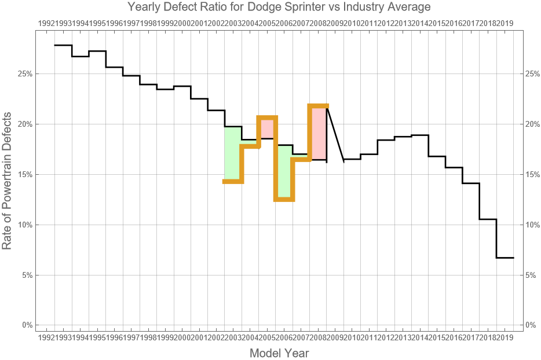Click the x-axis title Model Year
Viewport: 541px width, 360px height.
pos(279,352)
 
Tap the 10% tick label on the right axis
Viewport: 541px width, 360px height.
pos(533,225)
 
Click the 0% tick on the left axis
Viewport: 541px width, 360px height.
pos(27,325)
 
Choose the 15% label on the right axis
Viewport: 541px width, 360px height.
pos(533,174)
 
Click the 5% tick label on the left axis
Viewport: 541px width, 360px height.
pos(27,275)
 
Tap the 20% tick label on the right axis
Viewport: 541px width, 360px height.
pos(533,124)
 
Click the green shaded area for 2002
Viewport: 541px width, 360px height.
pos(232,153)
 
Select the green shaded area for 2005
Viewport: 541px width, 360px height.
pos(284,171)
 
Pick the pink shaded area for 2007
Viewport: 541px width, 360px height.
pos(319,133)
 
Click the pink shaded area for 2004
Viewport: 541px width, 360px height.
pos(267,128)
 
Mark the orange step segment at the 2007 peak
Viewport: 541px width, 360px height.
pos(318,106)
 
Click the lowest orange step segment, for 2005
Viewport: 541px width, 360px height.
pos(284,199)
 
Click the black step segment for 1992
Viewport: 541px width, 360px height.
pos(63,45)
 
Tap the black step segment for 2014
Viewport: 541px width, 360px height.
pos(420,135)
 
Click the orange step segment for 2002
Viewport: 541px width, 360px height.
pos(233,182)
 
